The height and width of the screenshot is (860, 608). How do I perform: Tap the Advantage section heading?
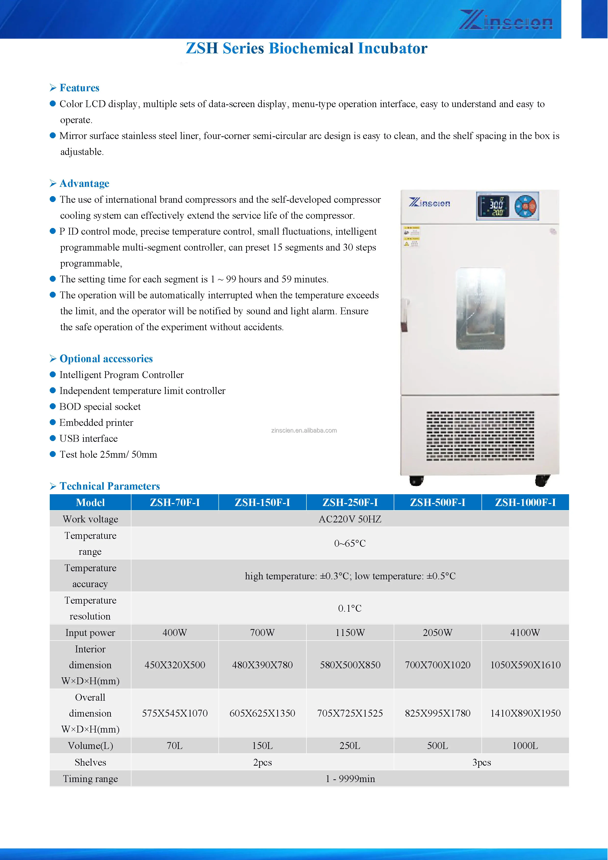[x=84, y=184]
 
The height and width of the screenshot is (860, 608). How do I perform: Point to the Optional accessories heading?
[x=106, y=359]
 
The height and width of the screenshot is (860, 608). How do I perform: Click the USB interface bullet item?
[x=89, y=439]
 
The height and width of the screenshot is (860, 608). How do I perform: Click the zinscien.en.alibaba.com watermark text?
[x=304, y=430]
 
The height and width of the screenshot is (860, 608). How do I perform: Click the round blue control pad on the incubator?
[x=526, y=206]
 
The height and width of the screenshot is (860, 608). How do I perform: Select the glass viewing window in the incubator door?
[x=480, y=309]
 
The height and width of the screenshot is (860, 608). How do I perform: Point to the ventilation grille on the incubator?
[x=480, y=436]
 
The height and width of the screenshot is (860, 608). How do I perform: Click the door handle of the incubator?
[x=405, y=315]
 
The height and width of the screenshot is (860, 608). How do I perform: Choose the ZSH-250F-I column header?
[x=350, y=502]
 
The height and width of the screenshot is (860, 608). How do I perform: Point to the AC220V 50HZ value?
[x=350, y=519]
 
